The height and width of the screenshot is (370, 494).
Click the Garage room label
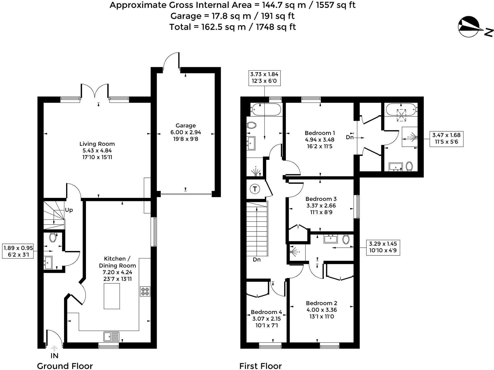click(186, 126)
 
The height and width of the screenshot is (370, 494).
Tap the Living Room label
click(97, 144)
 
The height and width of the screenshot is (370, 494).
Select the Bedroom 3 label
click(321, 199)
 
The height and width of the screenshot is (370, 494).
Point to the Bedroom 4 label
click(266, 312)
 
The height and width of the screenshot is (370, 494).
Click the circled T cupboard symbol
click(255, 189)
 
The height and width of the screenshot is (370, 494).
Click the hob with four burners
click(145, 291)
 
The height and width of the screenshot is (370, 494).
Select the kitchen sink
click(111, 336)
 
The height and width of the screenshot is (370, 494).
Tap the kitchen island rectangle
click(112, 296)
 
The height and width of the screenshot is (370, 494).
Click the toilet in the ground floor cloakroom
click(53, 237)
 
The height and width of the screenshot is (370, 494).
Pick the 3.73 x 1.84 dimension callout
click(264, 78)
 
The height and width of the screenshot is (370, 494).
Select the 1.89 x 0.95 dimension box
click(18, 251)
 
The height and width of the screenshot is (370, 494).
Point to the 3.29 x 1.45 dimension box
click(383, 247)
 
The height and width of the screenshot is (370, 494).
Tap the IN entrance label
click(54, 356)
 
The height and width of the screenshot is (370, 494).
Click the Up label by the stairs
click(69, 210)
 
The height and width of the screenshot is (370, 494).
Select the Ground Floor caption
click(65, 366)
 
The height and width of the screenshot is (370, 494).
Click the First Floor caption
click(261, 366)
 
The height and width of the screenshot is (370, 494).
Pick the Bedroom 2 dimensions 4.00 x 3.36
click(322, 310)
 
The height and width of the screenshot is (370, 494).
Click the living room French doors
click(95, 91)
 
